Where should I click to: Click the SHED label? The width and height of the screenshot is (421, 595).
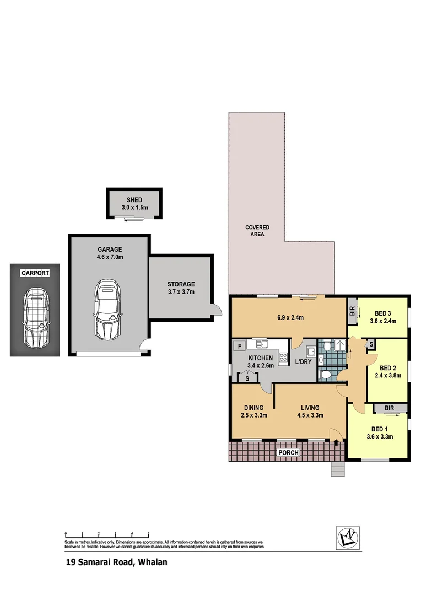[x=134, y=200]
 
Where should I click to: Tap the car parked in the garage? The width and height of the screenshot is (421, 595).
[x=107, y=309]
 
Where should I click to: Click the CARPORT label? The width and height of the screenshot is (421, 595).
[x=35, y=273]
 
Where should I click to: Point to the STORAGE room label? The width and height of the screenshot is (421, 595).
[x=181, y=284]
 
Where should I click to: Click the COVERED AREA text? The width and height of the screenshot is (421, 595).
[x=257, y=231]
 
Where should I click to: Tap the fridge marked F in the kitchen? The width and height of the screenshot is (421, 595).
[x=239, y=346]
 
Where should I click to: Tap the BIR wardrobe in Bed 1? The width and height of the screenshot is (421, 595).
[x=390, y=408]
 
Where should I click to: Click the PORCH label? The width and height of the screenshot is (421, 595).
[x=289, y=453]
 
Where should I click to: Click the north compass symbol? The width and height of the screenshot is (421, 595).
[x=349, y=537]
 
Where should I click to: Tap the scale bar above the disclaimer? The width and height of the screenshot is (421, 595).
[x=107, y=534]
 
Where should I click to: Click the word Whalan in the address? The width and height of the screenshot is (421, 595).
[x=152, y=562]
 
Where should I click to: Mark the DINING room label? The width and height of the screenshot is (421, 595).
[x=253, y=408]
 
